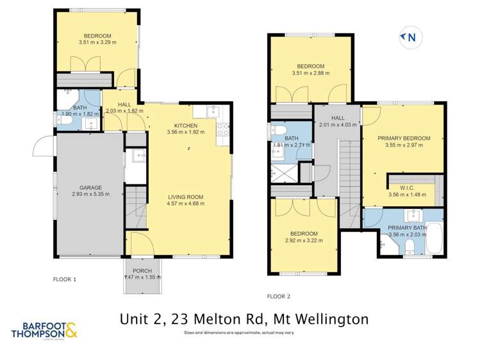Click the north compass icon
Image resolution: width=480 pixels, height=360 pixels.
[x=408, y=38]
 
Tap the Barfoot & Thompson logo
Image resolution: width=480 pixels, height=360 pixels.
[x=44, y=330]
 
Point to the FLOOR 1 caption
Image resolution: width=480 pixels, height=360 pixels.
[x=65, y=279]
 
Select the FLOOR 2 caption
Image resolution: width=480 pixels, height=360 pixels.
[x=278, y=296]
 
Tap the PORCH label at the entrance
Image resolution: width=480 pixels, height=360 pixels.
[x=142, y=270]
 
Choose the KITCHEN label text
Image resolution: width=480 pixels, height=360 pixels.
[x=186, y=126]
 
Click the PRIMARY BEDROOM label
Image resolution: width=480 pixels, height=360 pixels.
[x=403, y=138]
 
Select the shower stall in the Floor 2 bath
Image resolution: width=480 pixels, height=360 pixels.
[x=282, y=173]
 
